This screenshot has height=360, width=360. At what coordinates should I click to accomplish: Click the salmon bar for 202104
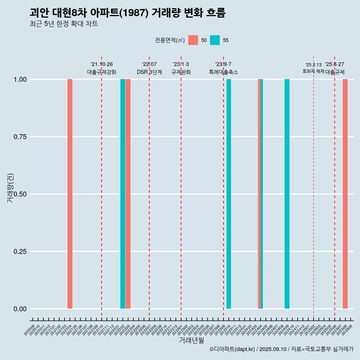click(70, 194)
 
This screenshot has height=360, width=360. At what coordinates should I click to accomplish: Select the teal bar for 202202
click(123, 194)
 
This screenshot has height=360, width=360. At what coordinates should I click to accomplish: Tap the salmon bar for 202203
click(128, 194)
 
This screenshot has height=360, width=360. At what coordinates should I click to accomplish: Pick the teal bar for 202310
click(229, 194)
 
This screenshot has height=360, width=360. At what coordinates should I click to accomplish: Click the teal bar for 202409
click(287, 194)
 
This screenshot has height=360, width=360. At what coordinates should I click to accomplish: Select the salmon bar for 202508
click(345, 194)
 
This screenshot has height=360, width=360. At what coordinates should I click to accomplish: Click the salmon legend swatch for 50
click(193, 40)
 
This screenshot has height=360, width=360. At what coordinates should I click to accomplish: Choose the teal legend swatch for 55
click(215, 40)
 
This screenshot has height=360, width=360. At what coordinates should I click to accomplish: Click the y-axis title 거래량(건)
click(10, 187)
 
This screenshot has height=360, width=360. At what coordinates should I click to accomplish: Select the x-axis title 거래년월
click(192, 340)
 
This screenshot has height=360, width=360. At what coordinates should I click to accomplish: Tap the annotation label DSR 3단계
click(149, 72)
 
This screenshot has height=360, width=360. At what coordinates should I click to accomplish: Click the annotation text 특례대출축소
click(223, 72)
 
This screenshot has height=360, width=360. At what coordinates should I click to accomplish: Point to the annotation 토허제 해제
click(313, 71)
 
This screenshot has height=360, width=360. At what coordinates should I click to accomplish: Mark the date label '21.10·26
click(102, 64)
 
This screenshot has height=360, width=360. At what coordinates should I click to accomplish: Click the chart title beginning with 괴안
click(127, 13)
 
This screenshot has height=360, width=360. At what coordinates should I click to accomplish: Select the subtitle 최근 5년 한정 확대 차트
click(64, 24)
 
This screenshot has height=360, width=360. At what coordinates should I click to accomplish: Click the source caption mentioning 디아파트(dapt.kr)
click(281, 349)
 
